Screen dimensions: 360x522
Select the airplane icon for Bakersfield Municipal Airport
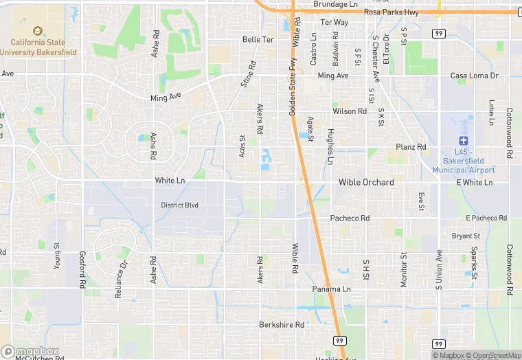[464, 140]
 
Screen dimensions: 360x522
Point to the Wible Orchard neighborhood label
[366, 182]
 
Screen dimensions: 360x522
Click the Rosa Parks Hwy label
[392, 12]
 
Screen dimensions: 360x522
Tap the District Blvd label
[179, 205]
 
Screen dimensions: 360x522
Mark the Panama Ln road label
[332, 289]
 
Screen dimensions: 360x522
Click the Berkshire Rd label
[282, 324]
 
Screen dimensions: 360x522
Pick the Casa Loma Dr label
[474, 76]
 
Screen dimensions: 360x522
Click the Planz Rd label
[411, 147]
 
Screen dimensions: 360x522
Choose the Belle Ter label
[258, 40]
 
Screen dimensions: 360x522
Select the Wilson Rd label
[350, 111]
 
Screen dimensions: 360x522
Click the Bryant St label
[466, 236]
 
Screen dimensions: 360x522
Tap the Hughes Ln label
[330, 146]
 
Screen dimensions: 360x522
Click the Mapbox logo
[30, 351]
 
